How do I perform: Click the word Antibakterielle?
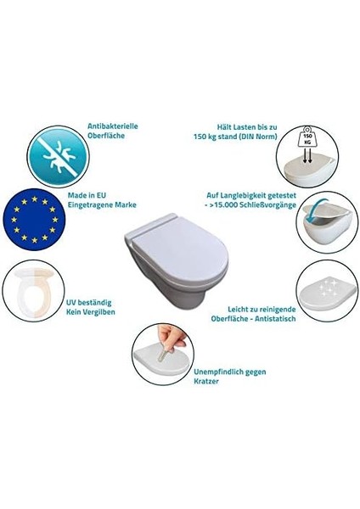point(113,126)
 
